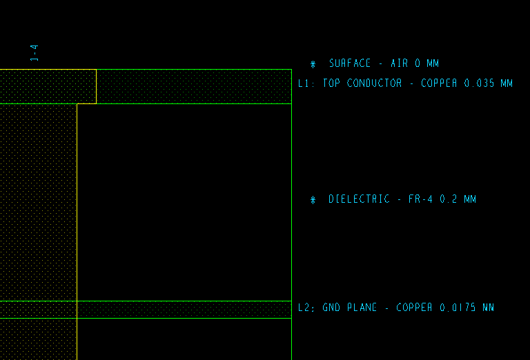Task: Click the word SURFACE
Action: [350, 63]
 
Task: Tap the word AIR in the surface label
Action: [400, 63]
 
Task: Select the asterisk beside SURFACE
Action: [313, 64]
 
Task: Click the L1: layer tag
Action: [306, 83]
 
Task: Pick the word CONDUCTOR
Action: [374, 83]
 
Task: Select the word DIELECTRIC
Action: [359, 199]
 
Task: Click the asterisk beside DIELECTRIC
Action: [313, 200]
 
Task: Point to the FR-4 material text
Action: [421, 199]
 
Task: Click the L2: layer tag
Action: [306, 308]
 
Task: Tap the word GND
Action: [331, 308]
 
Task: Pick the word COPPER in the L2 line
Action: [415, 308]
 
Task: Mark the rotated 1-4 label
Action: [34, 52]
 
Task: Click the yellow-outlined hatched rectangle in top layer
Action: [48, 86]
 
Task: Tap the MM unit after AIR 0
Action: [433, 63]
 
